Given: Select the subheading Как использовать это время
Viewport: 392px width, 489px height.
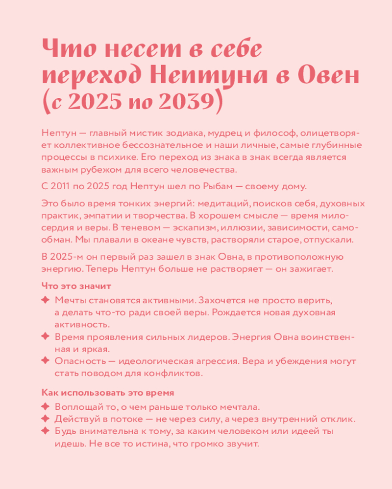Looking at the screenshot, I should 108,393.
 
